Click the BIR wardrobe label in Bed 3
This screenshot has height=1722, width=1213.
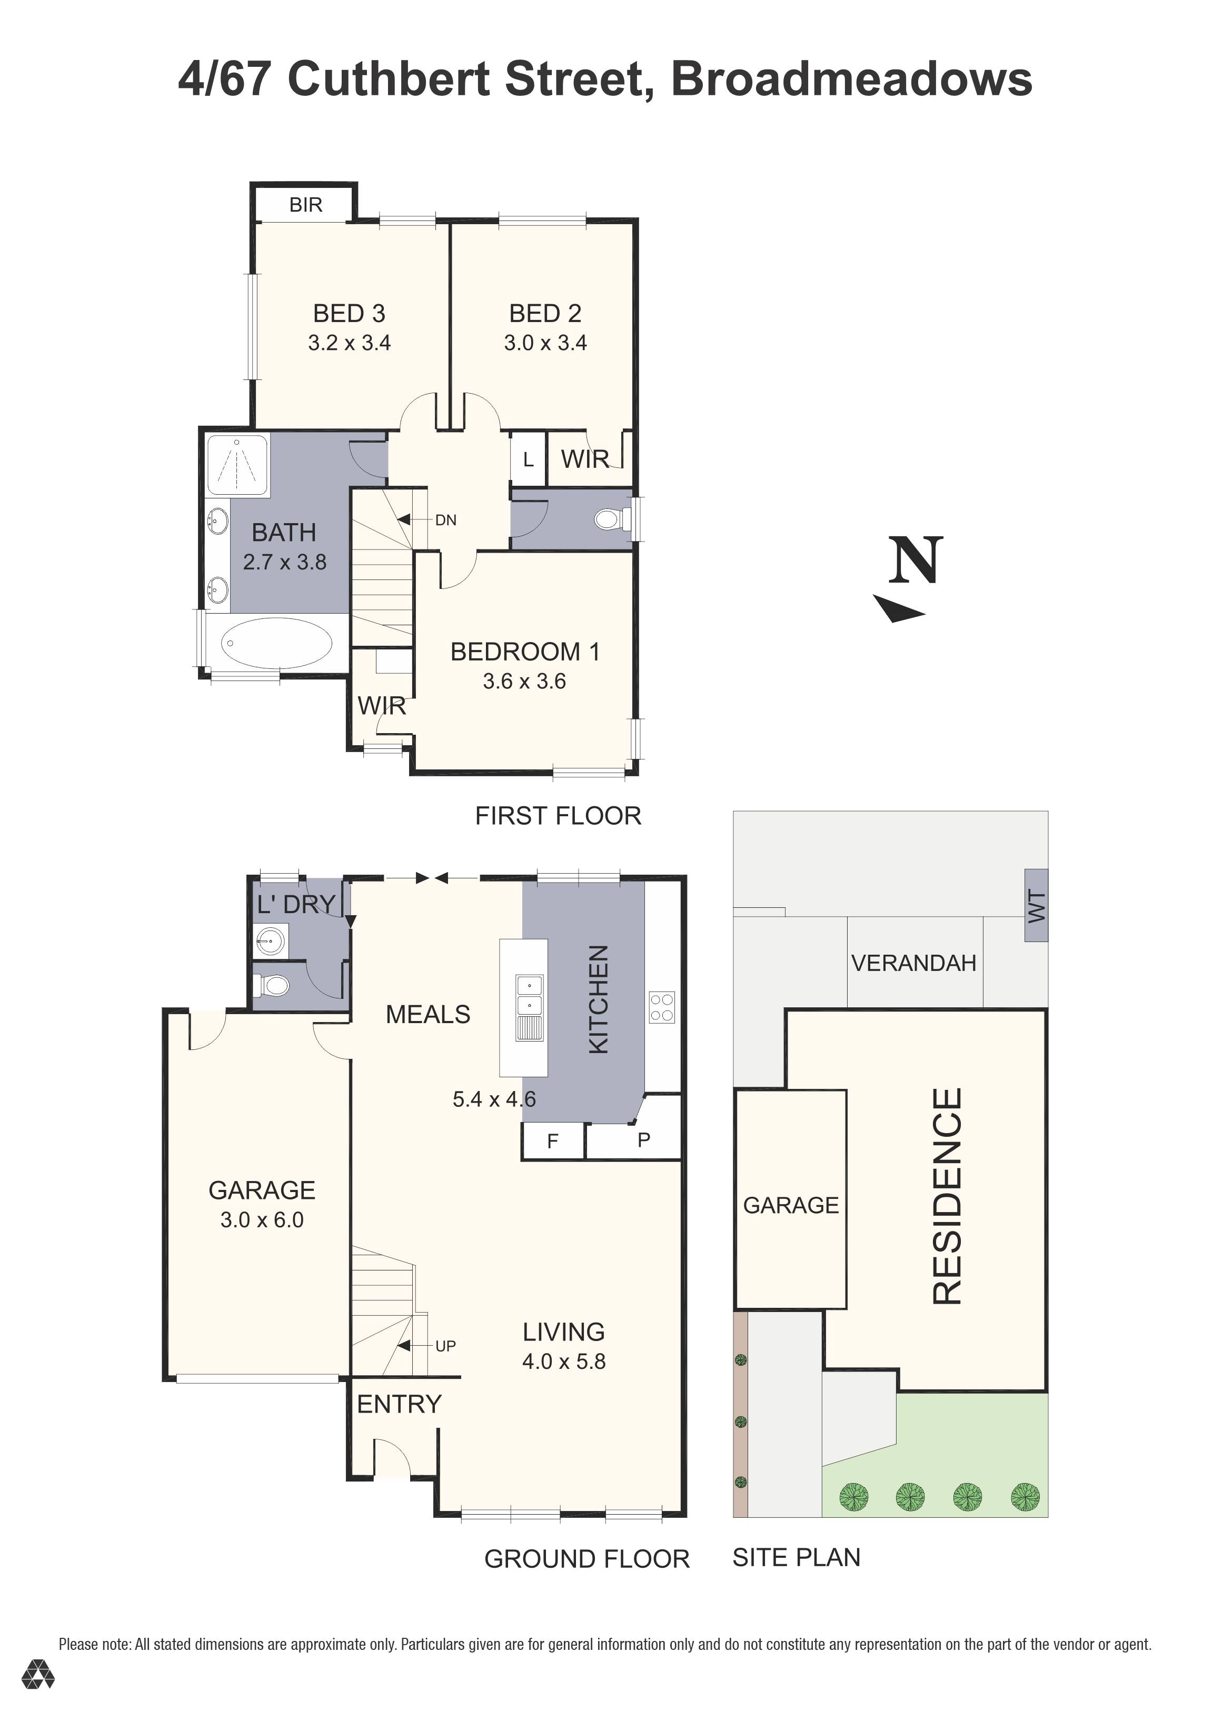pyautogui.click(x=305, y=205)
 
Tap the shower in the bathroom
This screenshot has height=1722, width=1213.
pyautogui.click(x=237, y=465)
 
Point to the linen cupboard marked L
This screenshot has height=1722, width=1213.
pyautogui.click(x=528, y=459)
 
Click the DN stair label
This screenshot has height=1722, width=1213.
pyautogui.click(x=445, y=520)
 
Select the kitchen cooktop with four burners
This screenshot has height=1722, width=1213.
pyautogui.click(x=662, y=1007)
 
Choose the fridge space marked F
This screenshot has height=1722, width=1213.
pyautogui.click(x=553, y=1142)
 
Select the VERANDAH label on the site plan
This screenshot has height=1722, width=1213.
pyautogui.click(x=913, y=963)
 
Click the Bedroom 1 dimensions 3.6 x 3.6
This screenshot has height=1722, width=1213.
pyautogui.click(x=524, y=681)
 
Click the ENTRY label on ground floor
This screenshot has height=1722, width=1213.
pyautogui.click(x=399, y=1404)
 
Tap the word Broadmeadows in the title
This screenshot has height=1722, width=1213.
pyautogui.click(x=851, y=79)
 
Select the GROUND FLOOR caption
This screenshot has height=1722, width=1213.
pyautogui.click(x=586, y=1559)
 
